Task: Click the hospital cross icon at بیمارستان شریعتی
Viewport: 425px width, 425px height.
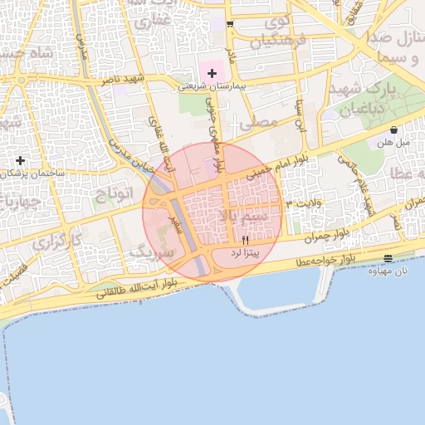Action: click(212, 74)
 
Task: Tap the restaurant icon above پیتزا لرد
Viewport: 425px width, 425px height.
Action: click(244, 239)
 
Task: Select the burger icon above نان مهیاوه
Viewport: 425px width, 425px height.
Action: click(388, 259)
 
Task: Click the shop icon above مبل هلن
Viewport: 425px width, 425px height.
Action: click(393, 130)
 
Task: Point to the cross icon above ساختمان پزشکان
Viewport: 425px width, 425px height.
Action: click(20, 159)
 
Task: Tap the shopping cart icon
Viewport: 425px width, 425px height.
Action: click(230, 24)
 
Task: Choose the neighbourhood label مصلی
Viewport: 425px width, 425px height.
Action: click(257, 122)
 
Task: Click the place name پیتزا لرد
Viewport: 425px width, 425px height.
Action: click(247, 251)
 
